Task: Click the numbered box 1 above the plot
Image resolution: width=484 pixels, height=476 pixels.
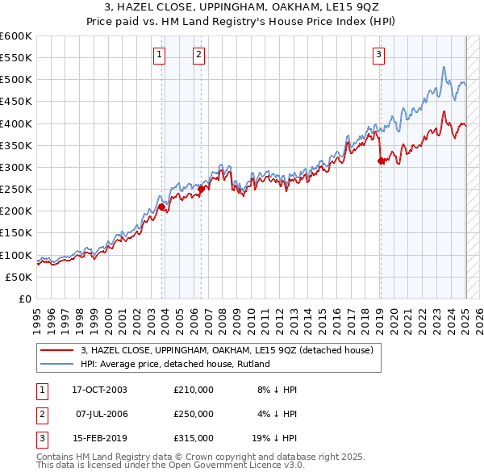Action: point(160,55)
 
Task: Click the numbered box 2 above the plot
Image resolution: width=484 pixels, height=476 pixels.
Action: point(198,55)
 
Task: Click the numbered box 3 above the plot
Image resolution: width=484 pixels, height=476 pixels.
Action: point(378,55)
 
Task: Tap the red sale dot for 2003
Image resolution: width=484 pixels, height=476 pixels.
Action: point(161,207)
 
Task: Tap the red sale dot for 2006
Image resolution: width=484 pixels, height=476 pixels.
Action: point(201,190)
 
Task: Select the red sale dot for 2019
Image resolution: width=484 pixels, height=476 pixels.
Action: point(381,161)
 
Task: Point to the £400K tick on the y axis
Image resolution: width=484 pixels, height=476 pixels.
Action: point(17,123)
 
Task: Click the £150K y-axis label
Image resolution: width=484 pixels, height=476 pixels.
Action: point(17,233)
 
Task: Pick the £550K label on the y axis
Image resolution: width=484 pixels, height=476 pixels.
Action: point(17,58)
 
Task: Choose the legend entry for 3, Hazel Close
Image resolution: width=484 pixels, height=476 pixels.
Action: point(226,350)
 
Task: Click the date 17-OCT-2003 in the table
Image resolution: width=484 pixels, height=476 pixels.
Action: point(100,390)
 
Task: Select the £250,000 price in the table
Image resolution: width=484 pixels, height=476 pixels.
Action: point(194,414)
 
